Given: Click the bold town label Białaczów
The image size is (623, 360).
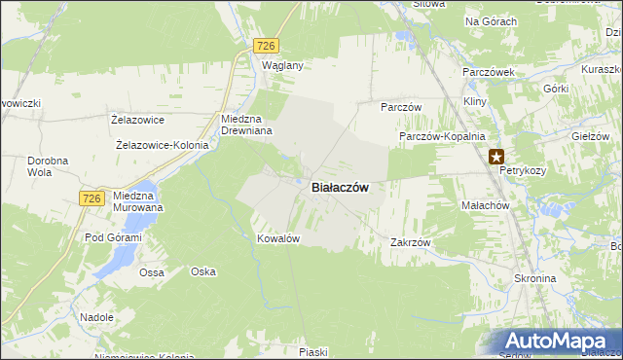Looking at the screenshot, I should point(339,188).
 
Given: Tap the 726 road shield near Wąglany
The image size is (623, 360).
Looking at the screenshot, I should point(267,46).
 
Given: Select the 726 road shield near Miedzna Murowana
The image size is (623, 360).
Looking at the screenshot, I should point(92,198).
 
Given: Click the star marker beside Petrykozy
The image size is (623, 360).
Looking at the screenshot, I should point(496,155).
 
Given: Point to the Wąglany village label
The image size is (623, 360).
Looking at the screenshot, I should point(283,65).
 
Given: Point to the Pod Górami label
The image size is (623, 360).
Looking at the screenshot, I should point(113,237).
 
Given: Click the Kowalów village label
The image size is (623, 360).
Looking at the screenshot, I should point(276,238).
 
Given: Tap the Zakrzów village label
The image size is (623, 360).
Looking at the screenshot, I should point(410,241).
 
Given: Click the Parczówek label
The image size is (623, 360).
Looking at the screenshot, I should point(488,73).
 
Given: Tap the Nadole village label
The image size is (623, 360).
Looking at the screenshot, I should point(97,317).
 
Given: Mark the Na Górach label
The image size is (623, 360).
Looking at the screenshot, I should point(492,20).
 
